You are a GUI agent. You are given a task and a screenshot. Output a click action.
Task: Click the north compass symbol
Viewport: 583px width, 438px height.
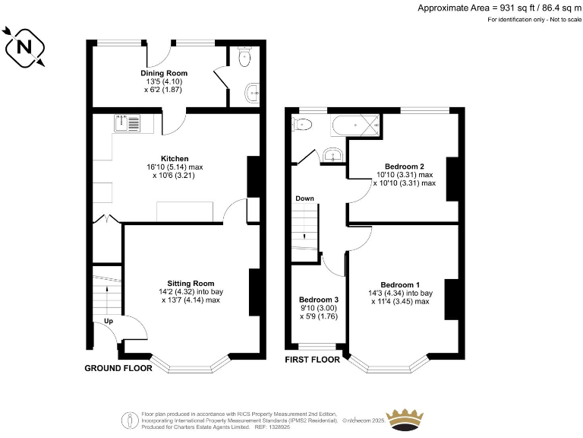[x=24, y=48]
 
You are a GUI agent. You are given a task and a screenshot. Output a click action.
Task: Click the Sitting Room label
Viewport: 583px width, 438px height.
[x=191, y=283]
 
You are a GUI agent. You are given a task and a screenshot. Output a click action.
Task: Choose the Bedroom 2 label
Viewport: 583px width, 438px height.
[x=404, y=167]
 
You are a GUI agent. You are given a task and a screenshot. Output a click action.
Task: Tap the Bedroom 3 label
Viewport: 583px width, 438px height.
[x=318, y=300]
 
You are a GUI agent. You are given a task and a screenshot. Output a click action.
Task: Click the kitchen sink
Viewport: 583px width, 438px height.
[x=127, y=123]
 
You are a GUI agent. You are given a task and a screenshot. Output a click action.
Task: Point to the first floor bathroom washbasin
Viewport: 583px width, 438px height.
[x=332, y=155]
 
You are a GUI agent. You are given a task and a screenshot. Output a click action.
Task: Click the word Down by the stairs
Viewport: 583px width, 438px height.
[x=304, y=198]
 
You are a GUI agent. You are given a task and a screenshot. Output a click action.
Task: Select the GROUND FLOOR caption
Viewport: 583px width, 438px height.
[x=118, y=368]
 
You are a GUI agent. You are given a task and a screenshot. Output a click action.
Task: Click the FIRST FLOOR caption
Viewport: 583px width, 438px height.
[x=312, y=359]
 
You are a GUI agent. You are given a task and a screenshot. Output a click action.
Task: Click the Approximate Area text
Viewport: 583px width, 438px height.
[x=499, y=8]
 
